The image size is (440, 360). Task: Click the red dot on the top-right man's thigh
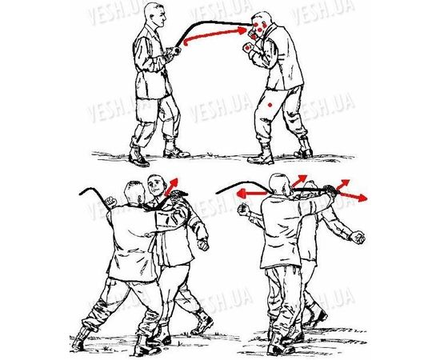pyautogui.click(x=270, y=106)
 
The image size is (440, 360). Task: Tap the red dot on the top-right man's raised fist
pyautogui.click(x=247, y=48)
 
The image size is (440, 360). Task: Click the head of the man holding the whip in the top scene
pyautogui.click(x=154, y=15)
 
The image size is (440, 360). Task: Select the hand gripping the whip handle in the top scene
pyautogui.click(x=177, y=50)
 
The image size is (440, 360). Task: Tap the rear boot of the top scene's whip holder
pyautogui.click(x=138, y=158)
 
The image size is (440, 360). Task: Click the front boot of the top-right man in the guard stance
pyautogui.click(x=262, y=156)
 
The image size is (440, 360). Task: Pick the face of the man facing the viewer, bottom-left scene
pyautogui.click(x=156, y=187)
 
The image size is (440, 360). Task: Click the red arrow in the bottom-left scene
pyautogui.click(x=171, y=186)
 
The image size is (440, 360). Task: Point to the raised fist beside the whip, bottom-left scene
pyautogui.click(x=111, y=202)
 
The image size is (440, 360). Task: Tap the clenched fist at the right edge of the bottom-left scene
pyautogui.click(x=203, y=244)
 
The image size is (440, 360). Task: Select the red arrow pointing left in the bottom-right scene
pyautogui.click(x=252, y=194)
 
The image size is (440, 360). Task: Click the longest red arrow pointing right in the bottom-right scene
pyautogui.click(x=353, y=196)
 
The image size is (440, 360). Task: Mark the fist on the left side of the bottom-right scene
pyautogui.click(x=243, y=210)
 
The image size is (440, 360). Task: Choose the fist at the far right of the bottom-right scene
pyautogui.click(x=358, y=237)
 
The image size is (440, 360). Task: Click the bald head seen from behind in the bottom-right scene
pyautogui.click(x=278, y=185)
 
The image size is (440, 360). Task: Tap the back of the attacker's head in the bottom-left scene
pyautogui.click(x=134, y=194)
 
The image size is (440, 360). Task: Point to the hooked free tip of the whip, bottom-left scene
pyautogui.click(x=83, y=191)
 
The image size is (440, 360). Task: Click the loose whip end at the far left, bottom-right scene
pyautogui.click(x=220, y=192)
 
